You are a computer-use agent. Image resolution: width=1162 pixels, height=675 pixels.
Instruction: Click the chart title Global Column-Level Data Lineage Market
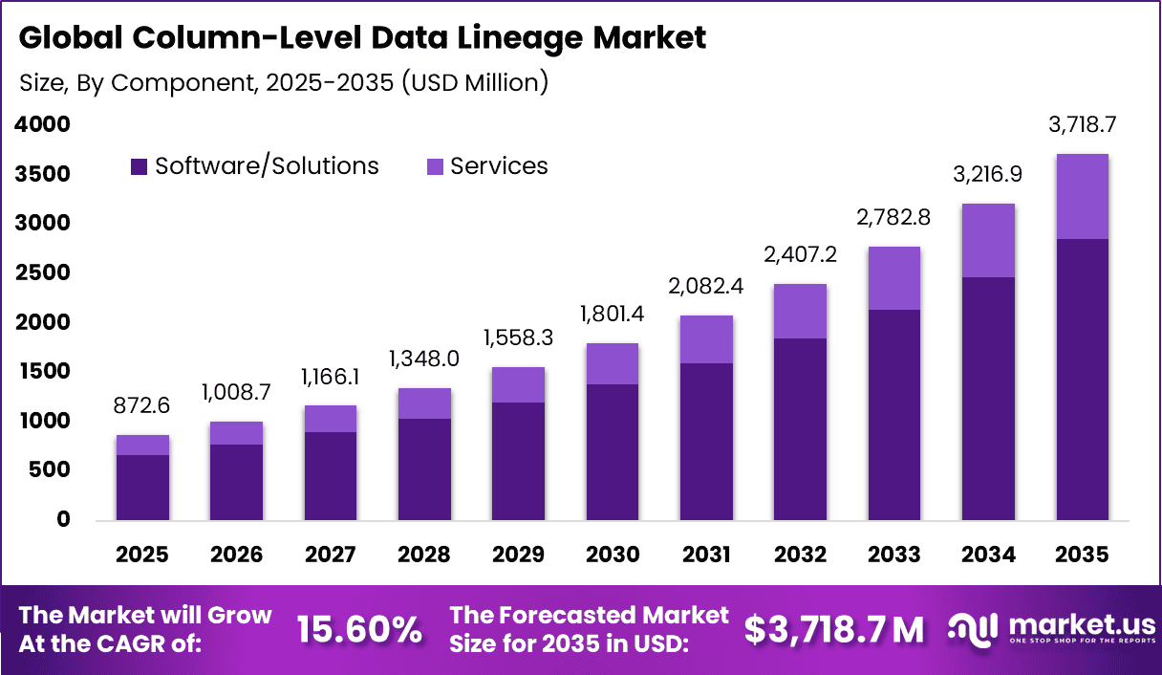(x=362, y=38)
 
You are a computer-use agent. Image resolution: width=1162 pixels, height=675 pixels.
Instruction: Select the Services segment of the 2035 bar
(x=1082, y=196)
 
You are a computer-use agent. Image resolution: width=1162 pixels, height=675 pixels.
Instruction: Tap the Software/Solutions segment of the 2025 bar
(x=142, y=488)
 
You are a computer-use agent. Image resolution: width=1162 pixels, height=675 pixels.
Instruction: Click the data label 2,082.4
(x=706, y=285)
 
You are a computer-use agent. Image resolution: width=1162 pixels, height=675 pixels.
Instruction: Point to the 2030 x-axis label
(x=613, y=555)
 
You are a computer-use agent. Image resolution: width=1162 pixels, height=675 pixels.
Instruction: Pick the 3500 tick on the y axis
(x=43, y=174)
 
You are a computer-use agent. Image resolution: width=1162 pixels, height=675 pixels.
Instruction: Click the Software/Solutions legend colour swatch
(x=140, y=166)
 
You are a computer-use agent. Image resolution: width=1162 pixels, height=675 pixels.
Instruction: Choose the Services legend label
(x=499, y=166)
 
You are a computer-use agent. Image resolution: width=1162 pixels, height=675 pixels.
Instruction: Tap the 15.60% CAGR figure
(x=359, y=630)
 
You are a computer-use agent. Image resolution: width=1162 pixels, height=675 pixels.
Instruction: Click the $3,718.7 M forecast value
(x=834, y=630)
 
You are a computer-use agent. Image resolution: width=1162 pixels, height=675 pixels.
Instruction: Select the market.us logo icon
(x=974, y=628)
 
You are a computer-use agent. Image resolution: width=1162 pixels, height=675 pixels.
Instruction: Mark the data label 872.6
(x=142, y=405)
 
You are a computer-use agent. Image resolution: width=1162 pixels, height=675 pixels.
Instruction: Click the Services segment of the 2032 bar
(x=800, y=311)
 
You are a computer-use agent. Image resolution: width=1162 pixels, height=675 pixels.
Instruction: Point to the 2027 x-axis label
(x=331, y=555)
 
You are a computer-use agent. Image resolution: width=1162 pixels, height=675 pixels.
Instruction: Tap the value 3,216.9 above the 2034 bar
(x=988, y=173)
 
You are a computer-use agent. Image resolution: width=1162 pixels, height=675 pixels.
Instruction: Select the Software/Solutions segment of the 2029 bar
(x=519, y=461)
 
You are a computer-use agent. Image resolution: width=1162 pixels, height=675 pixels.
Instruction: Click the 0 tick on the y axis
(x=63, y=519)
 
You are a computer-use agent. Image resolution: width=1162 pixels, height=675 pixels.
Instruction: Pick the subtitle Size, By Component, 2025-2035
(x=284, y=83)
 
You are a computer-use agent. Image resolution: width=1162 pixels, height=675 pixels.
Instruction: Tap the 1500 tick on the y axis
(x=43, y=371)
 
